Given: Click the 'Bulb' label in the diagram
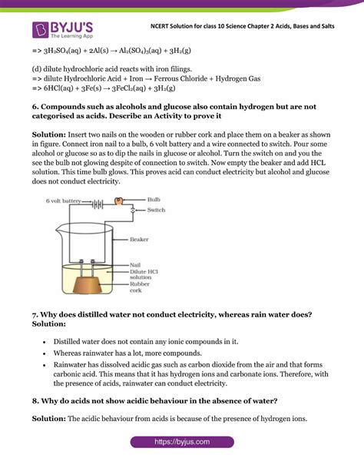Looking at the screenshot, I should point(157,198).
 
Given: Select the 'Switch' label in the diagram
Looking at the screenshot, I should point(156,210).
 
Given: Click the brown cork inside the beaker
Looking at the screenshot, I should point(95,286).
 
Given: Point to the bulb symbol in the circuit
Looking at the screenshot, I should point(118,201).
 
